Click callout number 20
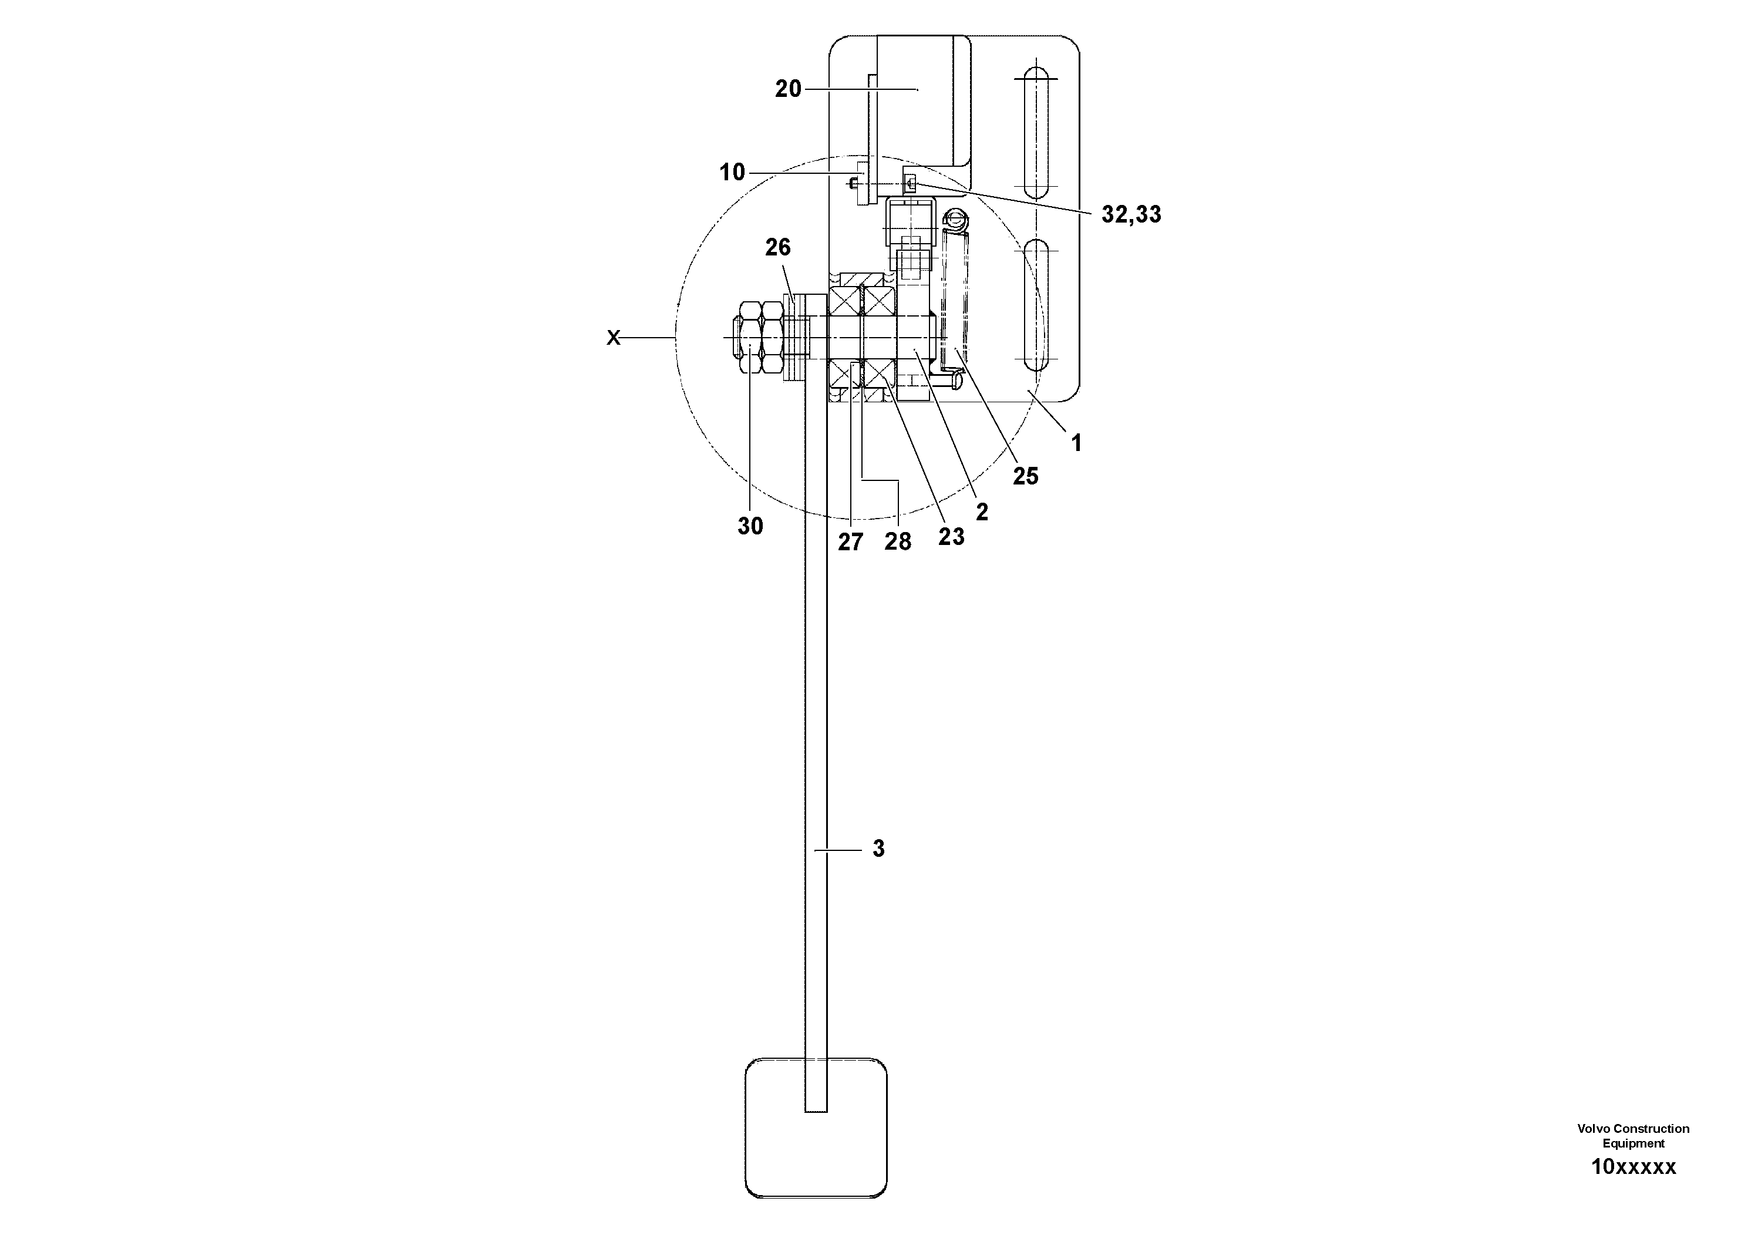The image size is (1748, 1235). (x=788, y=89)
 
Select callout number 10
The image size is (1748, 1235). (x=732, y=172)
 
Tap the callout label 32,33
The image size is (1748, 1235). (x=1131, y=215)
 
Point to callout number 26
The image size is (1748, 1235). (x=777, y=247)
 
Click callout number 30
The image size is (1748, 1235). (x=750, y=526)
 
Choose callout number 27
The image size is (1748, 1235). (x=850, y=542)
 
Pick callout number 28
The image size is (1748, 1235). (x=898, y=542)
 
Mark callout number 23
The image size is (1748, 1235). (x=951, y=537)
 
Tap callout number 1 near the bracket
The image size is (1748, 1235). (x=1076, y=442)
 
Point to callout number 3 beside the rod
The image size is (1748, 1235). (x=878, y=849)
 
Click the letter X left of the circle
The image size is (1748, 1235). (x=614, y=338)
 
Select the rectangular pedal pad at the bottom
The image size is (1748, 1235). (x=816, y=1128)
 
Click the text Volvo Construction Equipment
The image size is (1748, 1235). (x=1633, y=1135)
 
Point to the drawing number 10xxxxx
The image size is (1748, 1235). (x=1633, y=1166)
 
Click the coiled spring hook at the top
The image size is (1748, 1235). (x=954, y=220)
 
